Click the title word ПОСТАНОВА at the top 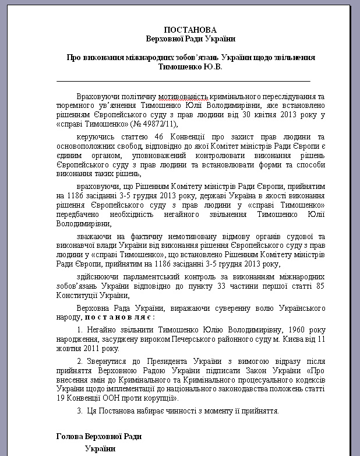pyautogui.click(x=189, y=30)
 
